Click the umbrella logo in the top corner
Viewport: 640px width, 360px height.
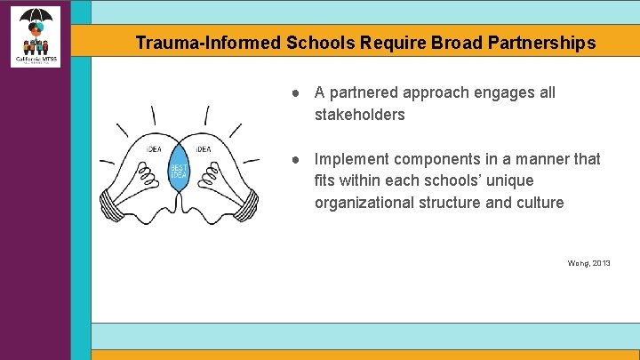coord(36,34)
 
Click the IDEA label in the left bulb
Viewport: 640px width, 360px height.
coord(154,149)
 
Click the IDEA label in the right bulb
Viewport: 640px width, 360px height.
coord(204,149)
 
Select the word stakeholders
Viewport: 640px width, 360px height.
coord(359,115)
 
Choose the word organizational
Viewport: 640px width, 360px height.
coord(366,203)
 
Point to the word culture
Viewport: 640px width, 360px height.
coord(537,203)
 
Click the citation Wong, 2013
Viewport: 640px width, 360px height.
coord(588,263)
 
